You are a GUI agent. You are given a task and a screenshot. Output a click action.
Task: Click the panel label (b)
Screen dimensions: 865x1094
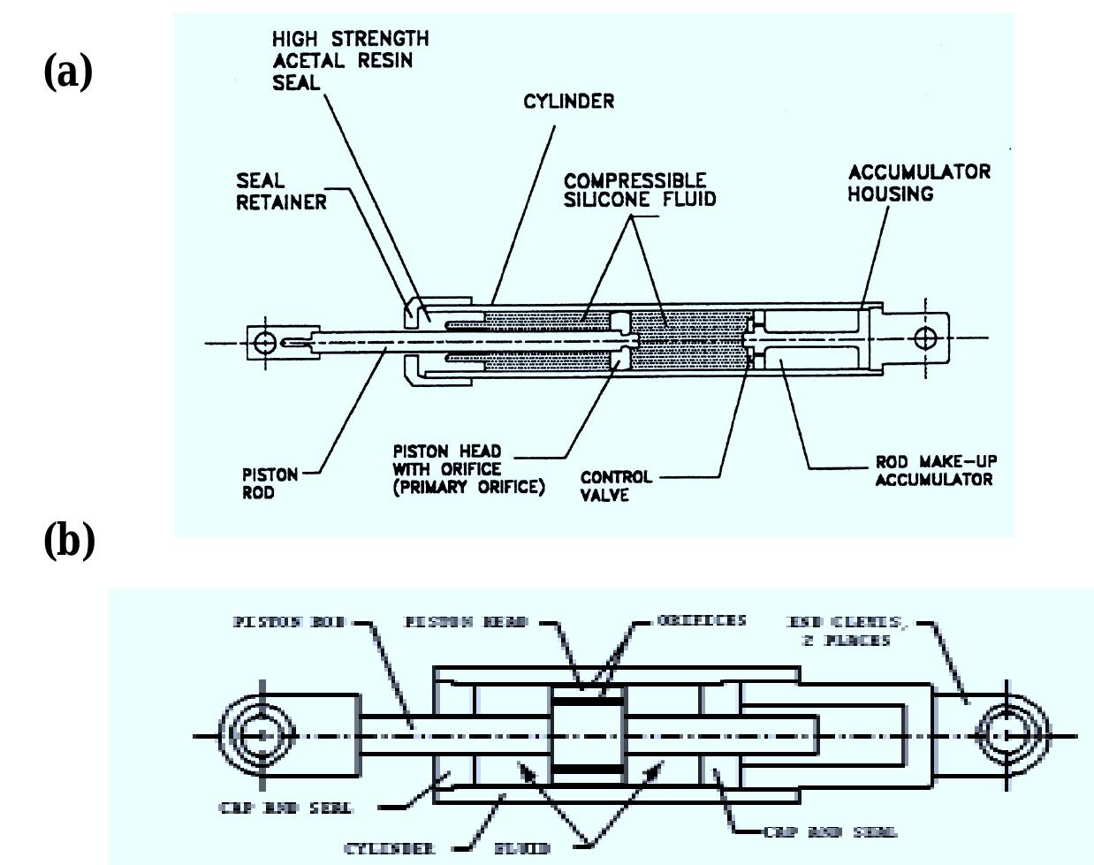pyautogui.click(x=69, y=540)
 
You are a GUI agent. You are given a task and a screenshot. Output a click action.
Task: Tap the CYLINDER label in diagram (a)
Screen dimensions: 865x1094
pyautogui.click(x=568, y=102)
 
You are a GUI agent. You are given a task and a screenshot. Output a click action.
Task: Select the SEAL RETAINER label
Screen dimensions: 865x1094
pyautogui.click(x=280, y=192)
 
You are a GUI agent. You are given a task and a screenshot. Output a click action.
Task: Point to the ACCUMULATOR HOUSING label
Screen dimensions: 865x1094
pyautogui.click(x=918, y=183)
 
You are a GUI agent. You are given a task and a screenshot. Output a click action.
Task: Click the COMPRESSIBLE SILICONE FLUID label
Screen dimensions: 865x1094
pyautogui.click(x=639, y=190)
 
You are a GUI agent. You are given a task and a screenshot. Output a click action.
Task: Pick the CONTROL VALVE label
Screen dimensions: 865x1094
pyautogui.click(x=616, y=486)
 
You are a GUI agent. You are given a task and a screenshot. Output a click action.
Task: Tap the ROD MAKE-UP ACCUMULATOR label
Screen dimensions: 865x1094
pyautogui.click(x=936, y=471)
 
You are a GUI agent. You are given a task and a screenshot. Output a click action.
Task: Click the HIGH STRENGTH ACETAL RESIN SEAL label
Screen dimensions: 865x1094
pyautogui.click(x=350, y=60)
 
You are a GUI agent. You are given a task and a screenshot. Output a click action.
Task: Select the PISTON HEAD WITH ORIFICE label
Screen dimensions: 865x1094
pyautogui.click(x=467, y=469)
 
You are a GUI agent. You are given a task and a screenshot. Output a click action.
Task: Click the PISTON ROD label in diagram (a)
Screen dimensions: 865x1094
pyautogui.click(x=270, y=483)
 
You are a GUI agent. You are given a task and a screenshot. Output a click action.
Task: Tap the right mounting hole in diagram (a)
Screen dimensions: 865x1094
pyautogui.click(x=925, y=338)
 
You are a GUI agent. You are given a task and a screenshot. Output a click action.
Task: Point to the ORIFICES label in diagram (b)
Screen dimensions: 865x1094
pyautogui.click(x=702, y=620)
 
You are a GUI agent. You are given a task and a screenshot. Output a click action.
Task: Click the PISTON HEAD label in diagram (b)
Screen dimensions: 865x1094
pyautogui.click(x=466, y=622)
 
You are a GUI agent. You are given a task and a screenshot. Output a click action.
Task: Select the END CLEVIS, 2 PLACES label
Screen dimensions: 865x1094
pyautogui.click(x=845, y=630)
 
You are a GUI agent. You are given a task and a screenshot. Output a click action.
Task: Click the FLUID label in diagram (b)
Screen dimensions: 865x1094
pyautogui.click(x=522, y=848)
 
